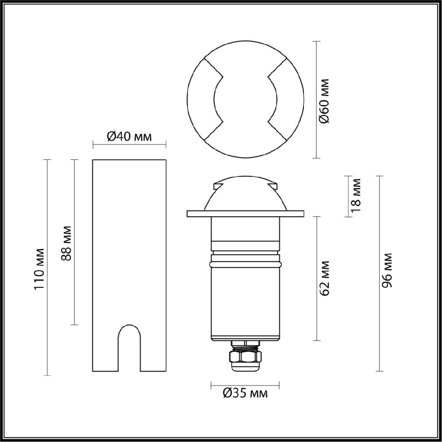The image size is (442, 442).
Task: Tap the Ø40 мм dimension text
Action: [x=129, y=137]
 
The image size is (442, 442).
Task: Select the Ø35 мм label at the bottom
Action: [x=245, y=393]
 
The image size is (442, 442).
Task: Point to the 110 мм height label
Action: [x=39, y=268]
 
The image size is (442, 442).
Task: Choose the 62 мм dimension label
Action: [x=325, y=278]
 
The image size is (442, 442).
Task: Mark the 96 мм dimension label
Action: [x=386, y=271]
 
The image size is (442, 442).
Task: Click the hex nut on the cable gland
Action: [x=245, y=357]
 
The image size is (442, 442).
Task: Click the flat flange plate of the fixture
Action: [x=245, y=214]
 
